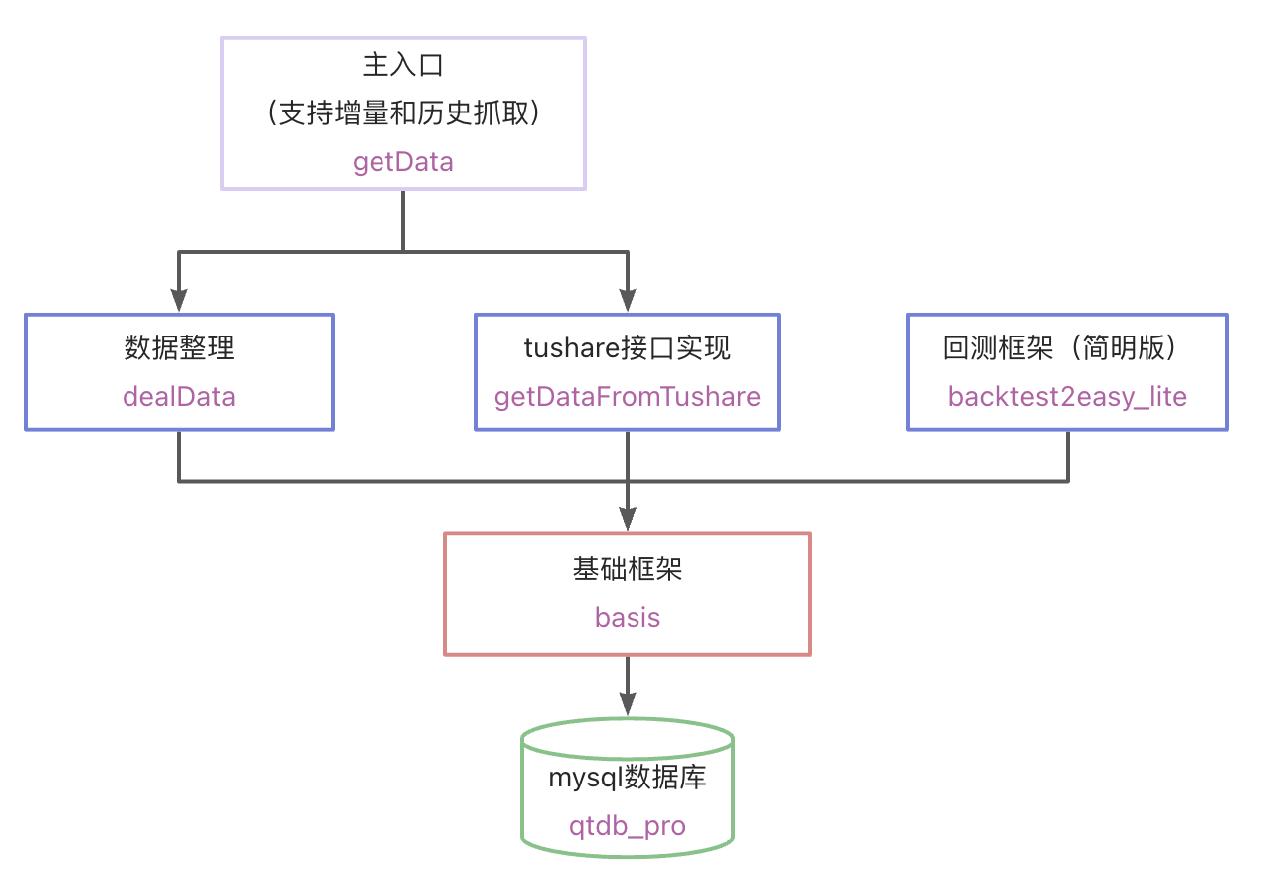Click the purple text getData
click(x=403, y=162)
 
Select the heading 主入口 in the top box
click(x=403, y=66)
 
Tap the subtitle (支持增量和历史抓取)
click(x=403, y=113)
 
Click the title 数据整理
click(x=179, y=347)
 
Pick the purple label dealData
click(x=179, y=397)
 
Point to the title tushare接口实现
click(x=628, y=347)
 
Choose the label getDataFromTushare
click(x=628, y=397)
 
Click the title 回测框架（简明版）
click(x=1067, y=347)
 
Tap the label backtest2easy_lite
click(x=1068, y=397)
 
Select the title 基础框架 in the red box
click(x=628, y=568)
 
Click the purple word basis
click(x=628, y=617)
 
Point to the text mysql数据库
click(x=628, y=778)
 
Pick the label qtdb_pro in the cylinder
click(x=628, y=826)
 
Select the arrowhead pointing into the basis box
click(x=628, y=519)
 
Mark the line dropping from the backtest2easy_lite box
click(x=1068, y=456)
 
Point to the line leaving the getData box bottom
click(x=403, y=219)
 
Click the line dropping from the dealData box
click(x=179, y=456)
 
